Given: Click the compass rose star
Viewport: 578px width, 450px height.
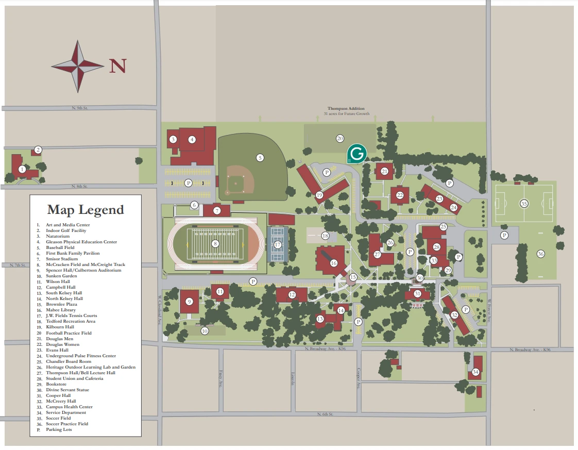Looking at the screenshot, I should click(78, 66).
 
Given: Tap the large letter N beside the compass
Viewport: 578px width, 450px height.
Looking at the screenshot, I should click(117, 66).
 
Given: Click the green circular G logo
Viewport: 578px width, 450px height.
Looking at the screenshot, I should click(356, 153).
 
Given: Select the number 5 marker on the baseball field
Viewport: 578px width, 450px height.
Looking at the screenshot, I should click(260, 157).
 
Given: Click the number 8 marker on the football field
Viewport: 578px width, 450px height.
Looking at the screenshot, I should click(216, 244).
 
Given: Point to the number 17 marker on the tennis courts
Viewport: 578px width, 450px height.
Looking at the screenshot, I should click(278, 244).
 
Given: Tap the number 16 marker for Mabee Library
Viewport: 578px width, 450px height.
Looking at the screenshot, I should click(333, 263).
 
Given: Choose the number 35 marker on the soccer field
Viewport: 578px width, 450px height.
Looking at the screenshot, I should click(524, 204).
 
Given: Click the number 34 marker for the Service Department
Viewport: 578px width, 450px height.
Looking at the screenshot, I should click(475, 372).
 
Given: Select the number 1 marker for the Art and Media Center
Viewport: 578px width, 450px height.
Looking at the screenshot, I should click(22, 169).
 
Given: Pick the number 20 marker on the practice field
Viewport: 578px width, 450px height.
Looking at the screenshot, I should click(339, 138).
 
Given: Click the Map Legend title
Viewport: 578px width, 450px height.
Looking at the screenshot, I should click(86, 210).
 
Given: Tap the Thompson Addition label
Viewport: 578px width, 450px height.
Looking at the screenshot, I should click(346, 109).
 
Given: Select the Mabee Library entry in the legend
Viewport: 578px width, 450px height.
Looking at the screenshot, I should click(61, 310).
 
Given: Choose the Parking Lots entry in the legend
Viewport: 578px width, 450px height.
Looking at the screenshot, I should click(59, 429).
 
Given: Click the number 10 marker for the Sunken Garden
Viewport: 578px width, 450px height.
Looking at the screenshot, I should click(205, 331).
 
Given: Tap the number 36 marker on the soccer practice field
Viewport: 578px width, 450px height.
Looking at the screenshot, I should click(540, 254).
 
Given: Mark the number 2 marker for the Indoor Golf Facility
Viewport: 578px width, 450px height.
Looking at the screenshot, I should click(38, 150).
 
